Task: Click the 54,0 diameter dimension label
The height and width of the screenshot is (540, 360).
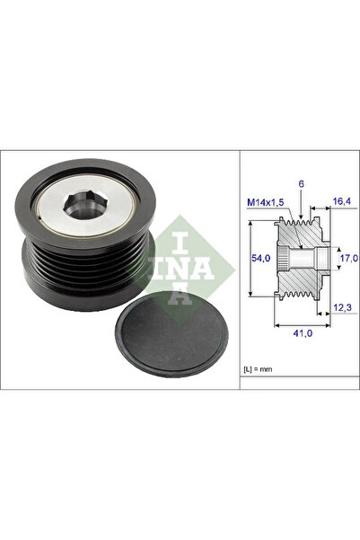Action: click(x=261, y=258)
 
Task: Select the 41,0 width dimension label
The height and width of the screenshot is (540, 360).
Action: click(x=303, y=333)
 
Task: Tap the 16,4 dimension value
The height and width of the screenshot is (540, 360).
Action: click(x=342, y=201)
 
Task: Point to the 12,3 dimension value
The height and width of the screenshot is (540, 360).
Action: click(x=342, y=307)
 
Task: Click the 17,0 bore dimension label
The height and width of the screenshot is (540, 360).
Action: click(x=349, y=258)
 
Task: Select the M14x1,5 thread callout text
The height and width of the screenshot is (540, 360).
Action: click(x=266, y=202)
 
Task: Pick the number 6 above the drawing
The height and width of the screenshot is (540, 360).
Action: click(x=301, y=184)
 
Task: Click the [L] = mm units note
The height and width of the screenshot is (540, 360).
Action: click(x=258, y=369)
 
